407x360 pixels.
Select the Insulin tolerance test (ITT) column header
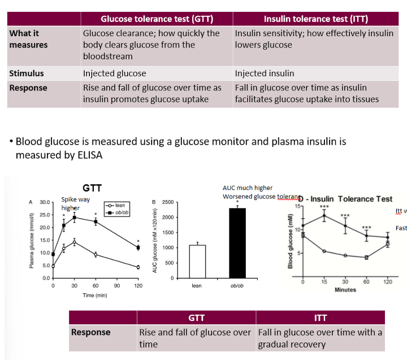click(316, 19)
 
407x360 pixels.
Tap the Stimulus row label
click(27, 73)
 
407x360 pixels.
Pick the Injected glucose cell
click(114, 73)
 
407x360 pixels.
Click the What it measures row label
click(28, 39)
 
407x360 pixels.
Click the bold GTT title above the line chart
click(92, 189)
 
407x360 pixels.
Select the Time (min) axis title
click(94, 295)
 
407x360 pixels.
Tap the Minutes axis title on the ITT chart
click(345, 290)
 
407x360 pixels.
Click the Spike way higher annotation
click(75, 204)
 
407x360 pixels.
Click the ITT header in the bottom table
click(320, 318)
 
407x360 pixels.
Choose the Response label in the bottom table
click(90, 332)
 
